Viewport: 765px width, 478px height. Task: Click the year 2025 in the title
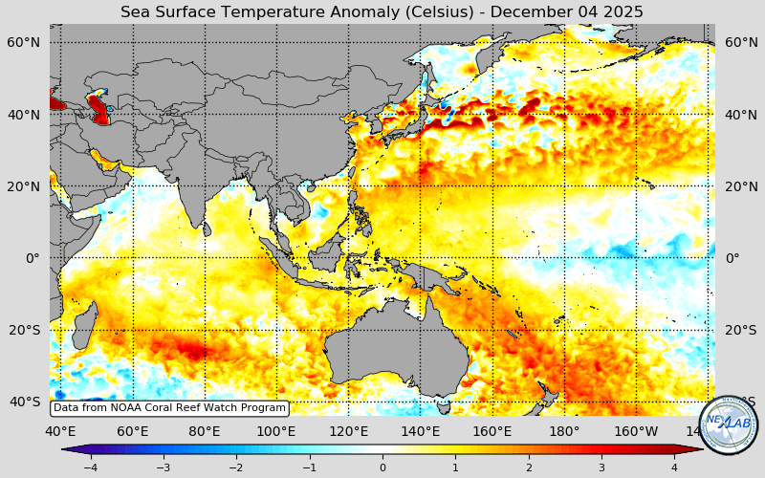[x=623, y=12]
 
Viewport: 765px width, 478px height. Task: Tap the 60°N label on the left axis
[x=24, y=42]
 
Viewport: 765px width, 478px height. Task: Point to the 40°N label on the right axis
[x=741, y=115]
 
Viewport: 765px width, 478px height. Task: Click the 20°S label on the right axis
[x=741, y=330]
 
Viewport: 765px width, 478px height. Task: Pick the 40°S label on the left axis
[x=24, y=402]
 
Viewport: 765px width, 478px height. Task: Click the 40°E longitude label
[x=60, y=431]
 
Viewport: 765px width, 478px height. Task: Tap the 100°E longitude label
[x=276, y=431]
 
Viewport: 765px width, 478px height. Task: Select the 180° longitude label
[x=564, y=431]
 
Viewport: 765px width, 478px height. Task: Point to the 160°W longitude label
[x=636, y=431]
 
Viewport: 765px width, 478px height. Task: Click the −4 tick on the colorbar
[x=90, y=467]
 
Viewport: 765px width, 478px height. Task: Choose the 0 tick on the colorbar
[x=382, y=467]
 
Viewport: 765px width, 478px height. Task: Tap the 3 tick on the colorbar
[x=601, y=467]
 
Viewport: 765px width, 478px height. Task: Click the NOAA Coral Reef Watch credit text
[x=169, y=407]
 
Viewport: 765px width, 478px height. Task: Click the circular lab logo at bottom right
[x=729, y=424]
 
